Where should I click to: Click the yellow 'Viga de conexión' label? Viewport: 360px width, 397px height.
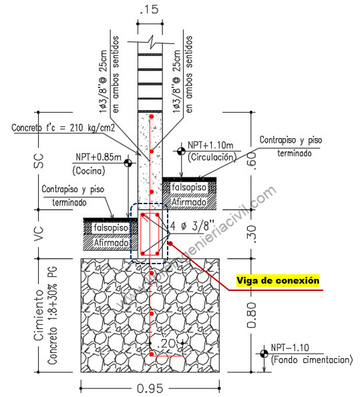pos(278,280)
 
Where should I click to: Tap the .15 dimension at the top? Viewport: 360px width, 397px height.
pos(150,9)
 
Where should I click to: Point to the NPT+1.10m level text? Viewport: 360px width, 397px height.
pos(210,145)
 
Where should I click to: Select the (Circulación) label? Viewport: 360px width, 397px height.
pos(212,157)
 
